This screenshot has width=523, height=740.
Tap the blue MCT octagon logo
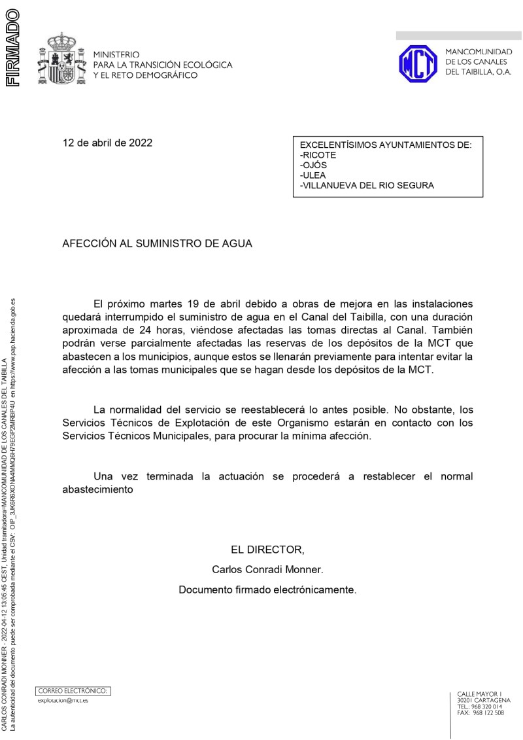point(418,63)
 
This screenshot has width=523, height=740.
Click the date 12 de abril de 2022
point(107,143)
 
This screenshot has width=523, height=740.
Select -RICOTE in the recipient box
point(318,156)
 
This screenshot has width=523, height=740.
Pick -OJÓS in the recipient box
point(313,166)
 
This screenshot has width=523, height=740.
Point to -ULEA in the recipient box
point(312,175)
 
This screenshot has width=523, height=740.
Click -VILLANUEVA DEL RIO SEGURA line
point(366,186)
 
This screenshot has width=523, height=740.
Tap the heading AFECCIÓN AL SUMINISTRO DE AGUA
point(157,243)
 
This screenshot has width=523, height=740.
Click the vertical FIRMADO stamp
point(12,46)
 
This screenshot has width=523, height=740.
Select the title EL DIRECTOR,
point(267,549)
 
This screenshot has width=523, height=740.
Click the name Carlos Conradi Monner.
point(267,569)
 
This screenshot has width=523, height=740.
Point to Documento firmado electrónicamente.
point(267,590)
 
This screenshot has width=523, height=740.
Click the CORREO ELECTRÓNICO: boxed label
point(73,690)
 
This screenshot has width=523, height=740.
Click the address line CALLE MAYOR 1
point(479,694)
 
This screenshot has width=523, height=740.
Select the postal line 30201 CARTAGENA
point(484,700)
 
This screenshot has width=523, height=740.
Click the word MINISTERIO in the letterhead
point(117,54)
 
